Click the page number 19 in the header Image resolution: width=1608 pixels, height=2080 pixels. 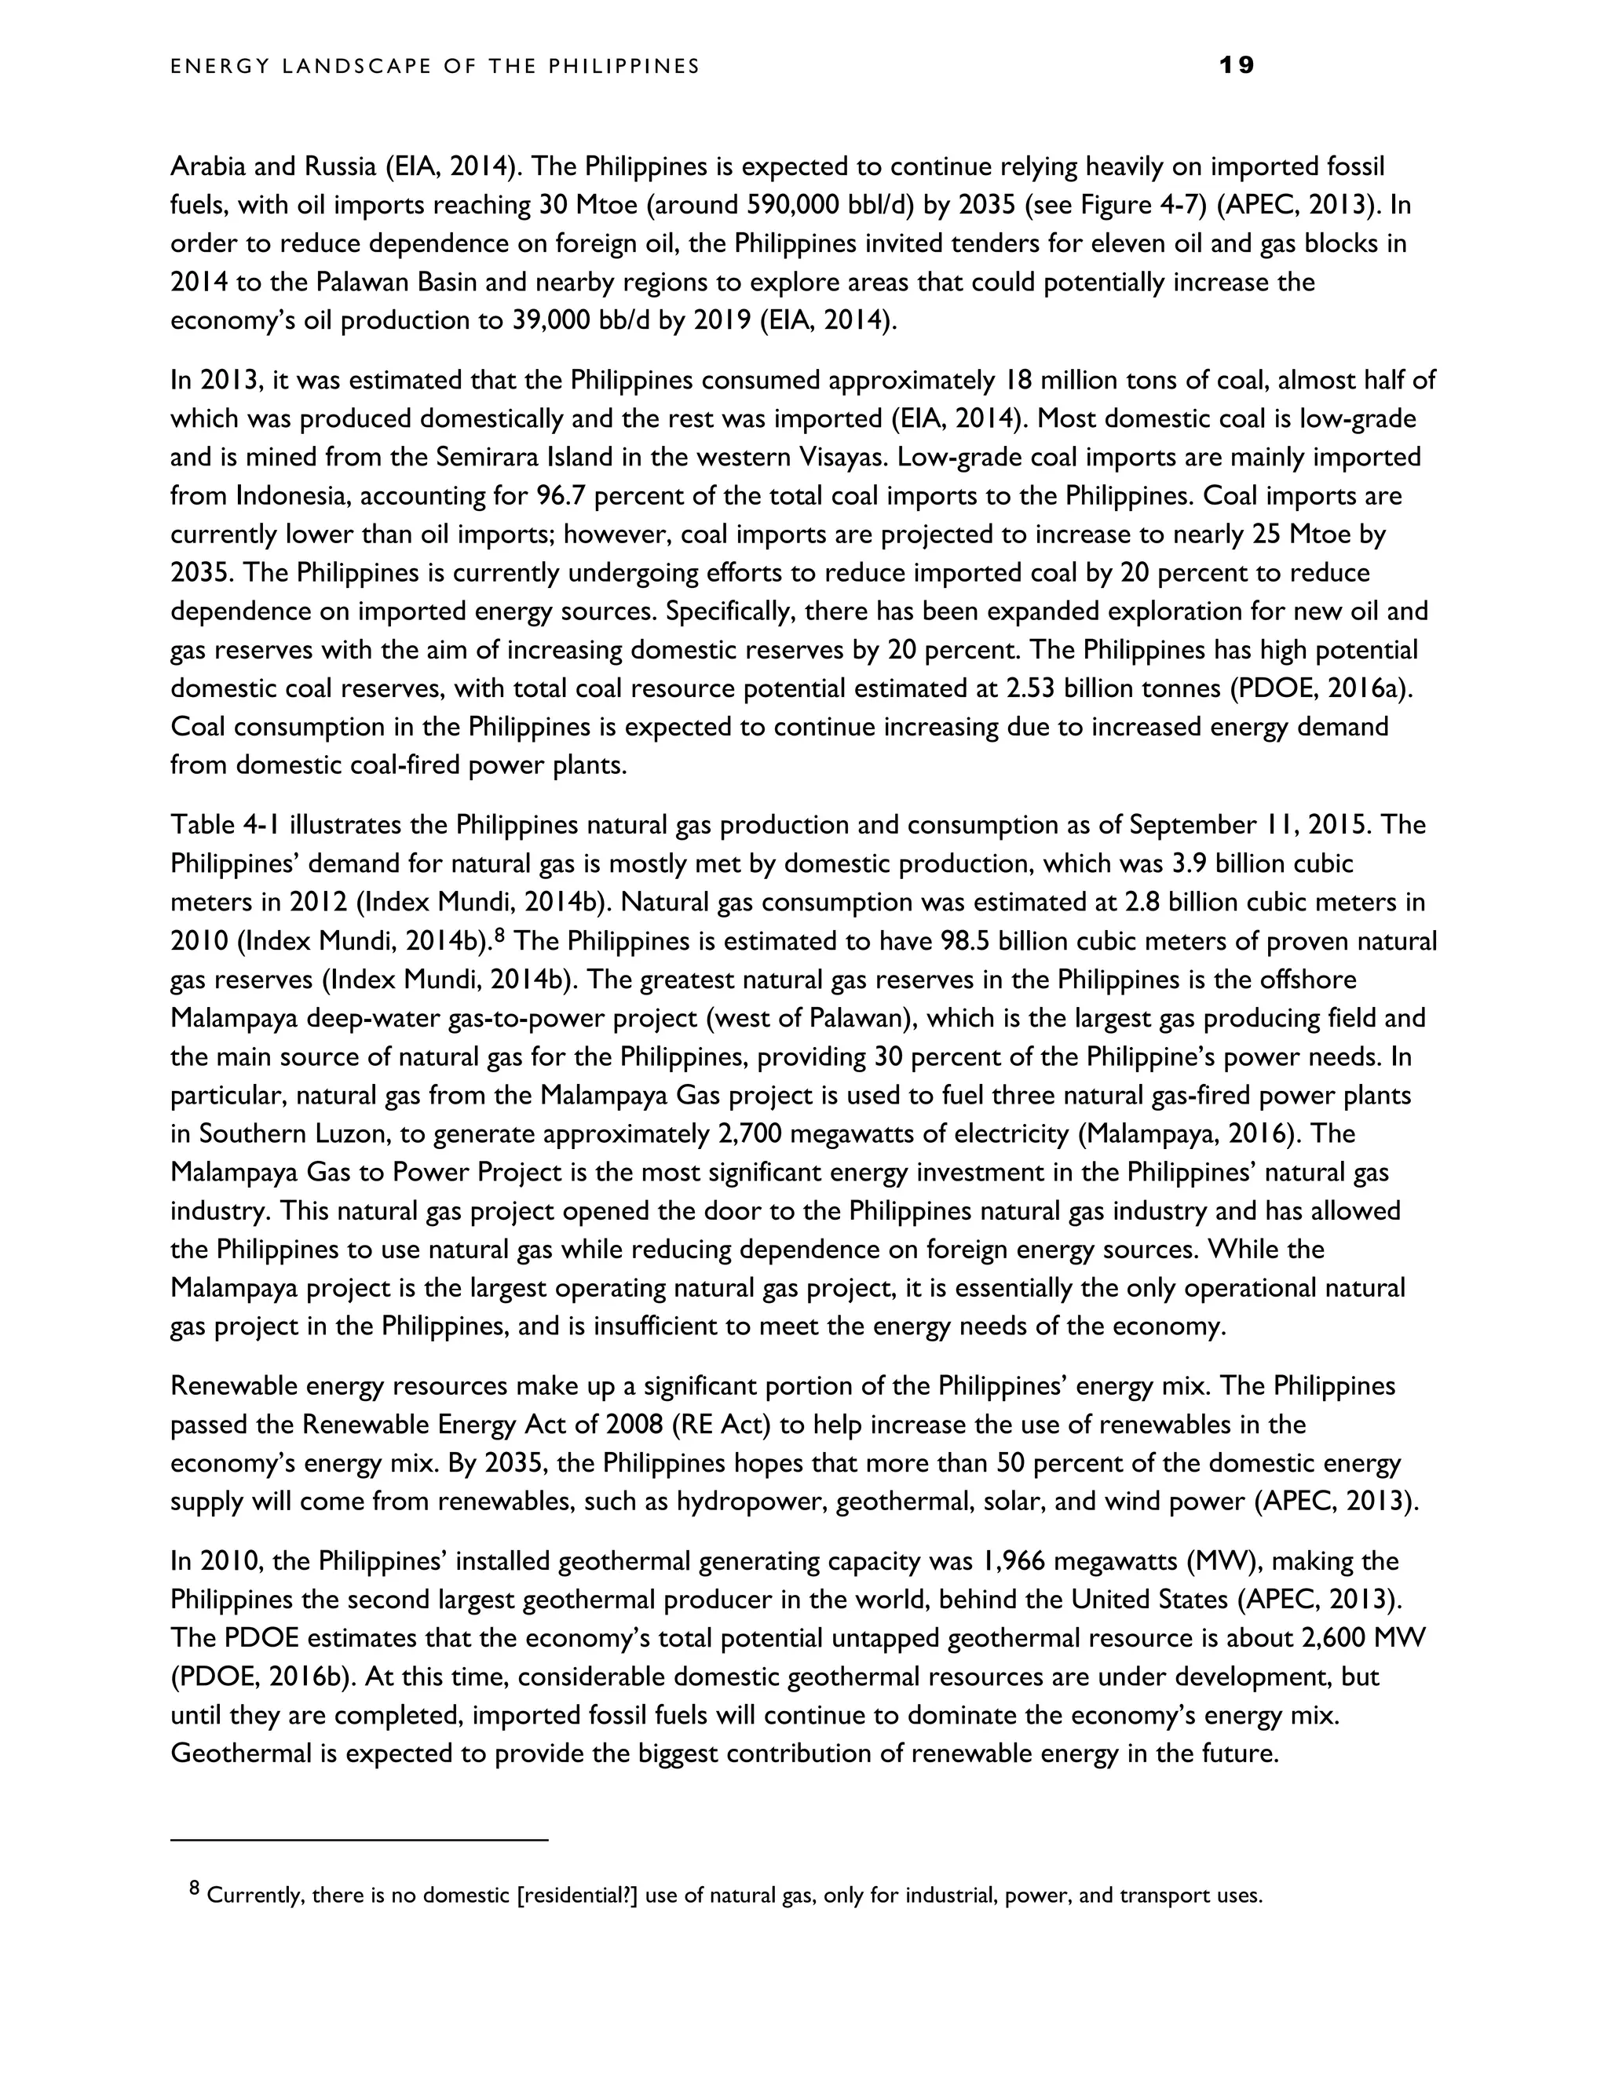point(1237,66)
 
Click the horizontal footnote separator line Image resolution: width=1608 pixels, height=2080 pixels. point(359,1840)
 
